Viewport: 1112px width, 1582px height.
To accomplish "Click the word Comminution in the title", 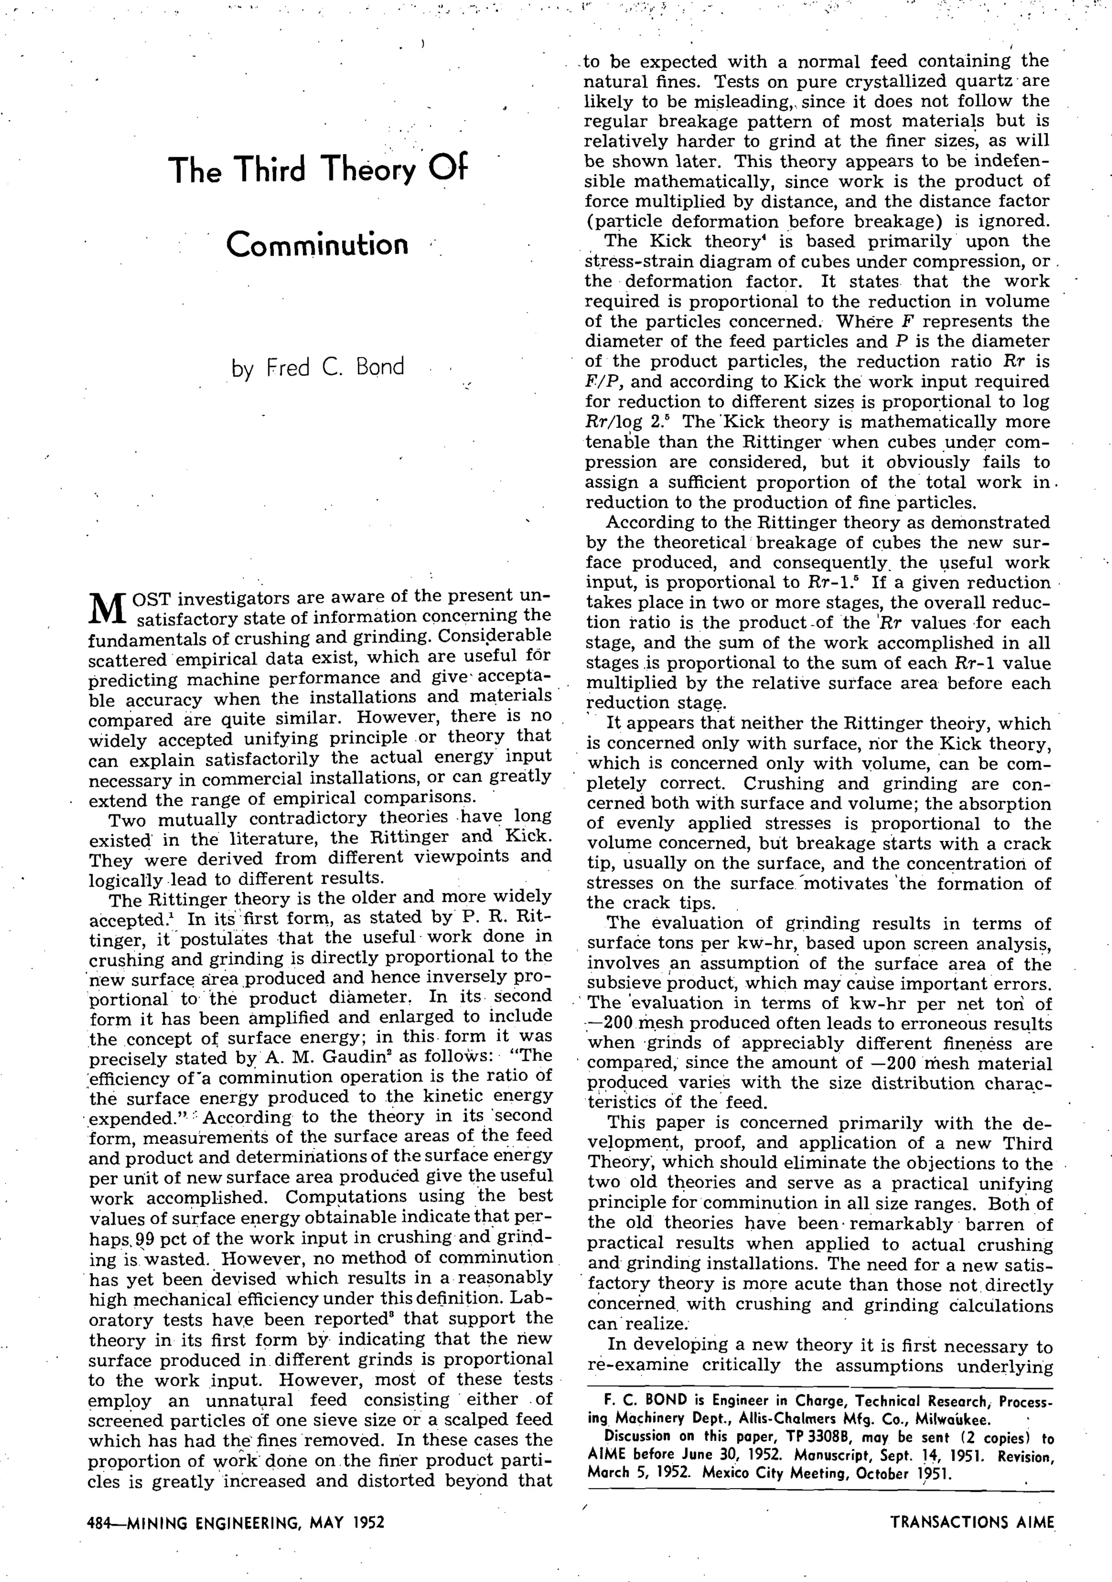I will coord(317,245).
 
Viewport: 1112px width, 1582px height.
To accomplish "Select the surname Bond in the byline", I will coord(380,366).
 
